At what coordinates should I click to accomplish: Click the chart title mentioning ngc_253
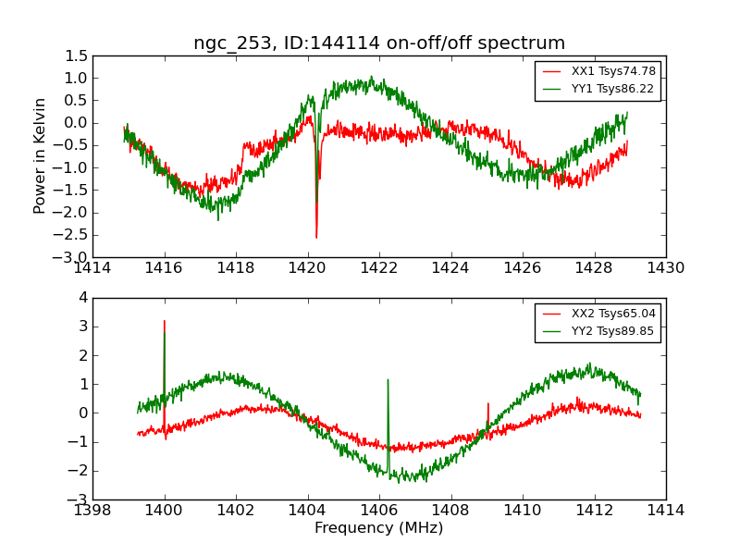click(x=379, y=43)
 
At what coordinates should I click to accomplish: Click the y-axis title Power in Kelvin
click(x=41, y=155)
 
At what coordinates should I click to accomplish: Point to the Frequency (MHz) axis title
click(x=379, y=528)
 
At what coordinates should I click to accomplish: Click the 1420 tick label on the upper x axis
click(x=307, y=268)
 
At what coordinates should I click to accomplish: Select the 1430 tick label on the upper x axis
click(x=665, y=268)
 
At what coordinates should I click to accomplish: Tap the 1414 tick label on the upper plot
click(x=93, y=268)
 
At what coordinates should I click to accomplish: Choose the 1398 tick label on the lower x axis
click(x=93, y=510)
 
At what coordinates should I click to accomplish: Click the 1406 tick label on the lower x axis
click(x=379, y=510)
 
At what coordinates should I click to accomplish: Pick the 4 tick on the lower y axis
click(x=82, y=298)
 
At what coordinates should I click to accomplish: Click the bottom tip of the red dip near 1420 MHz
click(x=316, y=238)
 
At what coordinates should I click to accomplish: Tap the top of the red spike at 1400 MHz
click(x=165, y=321)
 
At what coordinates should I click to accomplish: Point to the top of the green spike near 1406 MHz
click(x=388, y=379)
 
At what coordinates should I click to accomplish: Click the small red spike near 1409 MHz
click(x=487, y=403)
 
